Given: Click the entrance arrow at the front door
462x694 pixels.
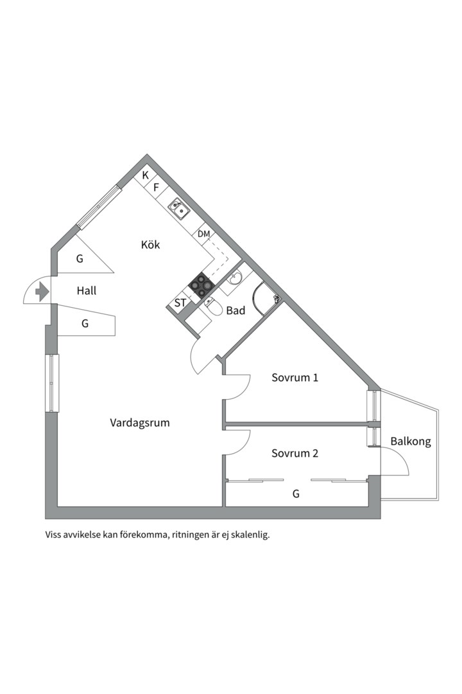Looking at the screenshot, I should (x=42, y=292).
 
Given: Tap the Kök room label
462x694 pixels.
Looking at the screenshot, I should (x=150, y=245).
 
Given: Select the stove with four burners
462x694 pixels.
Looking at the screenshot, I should (x=201, y=285).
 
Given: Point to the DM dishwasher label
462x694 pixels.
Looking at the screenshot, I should (x=203, y=234).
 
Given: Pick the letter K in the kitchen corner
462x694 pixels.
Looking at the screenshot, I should (x=146, y=175).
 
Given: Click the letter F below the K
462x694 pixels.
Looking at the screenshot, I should (x=155, y=187).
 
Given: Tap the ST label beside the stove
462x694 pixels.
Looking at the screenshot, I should (x=180, y=303).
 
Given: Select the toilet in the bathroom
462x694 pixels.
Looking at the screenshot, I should (x=214, y=310).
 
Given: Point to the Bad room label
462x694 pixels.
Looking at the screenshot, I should (x=235, y=311).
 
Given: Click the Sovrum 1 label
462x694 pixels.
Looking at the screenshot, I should (x=295, y=378).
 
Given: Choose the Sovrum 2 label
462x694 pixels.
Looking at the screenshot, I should (x=295, y=453).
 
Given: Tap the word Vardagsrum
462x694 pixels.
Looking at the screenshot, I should (x=139, y=423).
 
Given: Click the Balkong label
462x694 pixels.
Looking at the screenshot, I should (x=410, y=442).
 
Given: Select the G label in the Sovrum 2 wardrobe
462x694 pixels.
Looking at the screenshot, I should (x=296, y=494).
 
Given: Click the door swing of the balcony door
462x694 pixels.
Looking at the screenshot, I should (x=397, y=461).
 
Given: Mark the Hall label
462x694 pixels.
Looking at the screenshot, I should (x=87, y=291).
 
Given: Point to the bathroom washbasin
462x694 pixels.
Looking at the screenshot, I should (x=235, y=278).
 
